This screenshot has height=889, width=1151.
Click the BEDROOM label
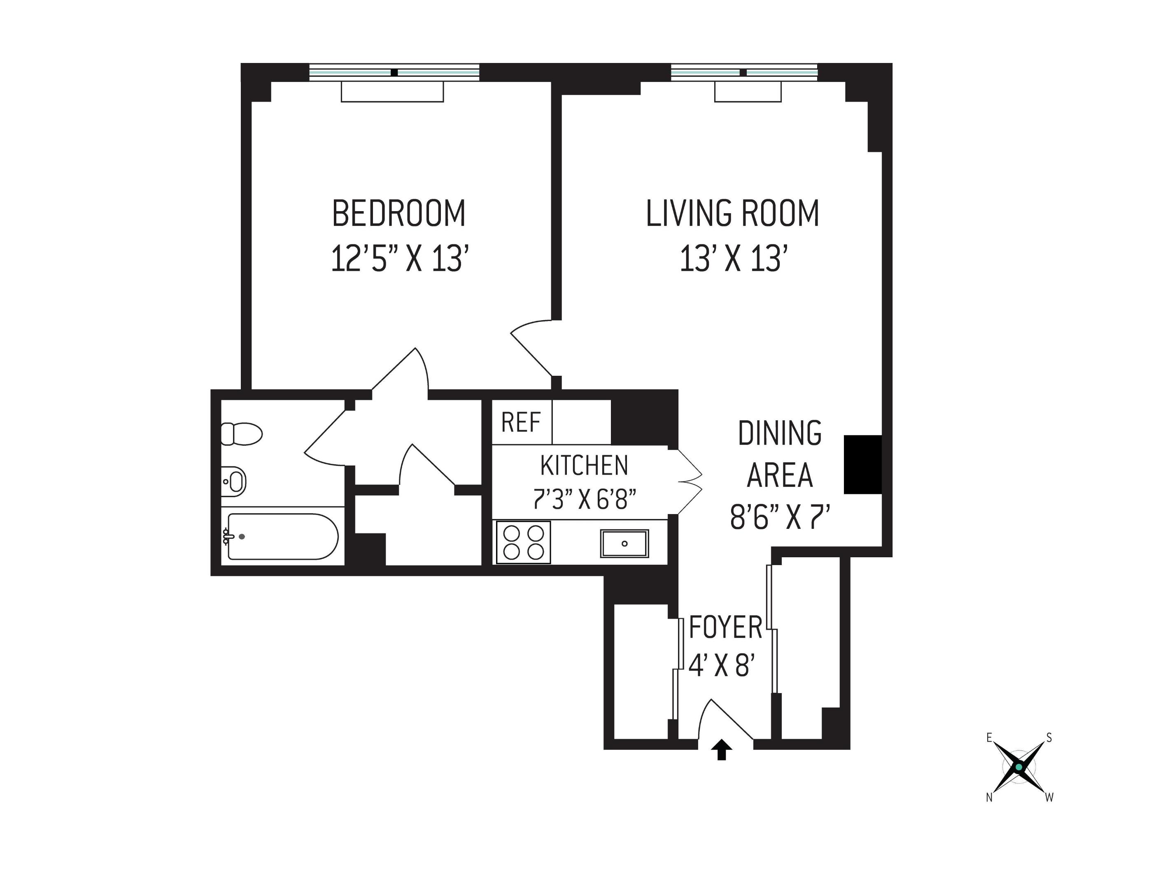(398, 214)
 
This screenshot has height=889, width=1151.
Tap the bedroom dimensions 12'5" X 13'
(399, 259)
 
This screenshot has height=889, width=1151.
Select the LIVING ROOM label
(733, 214)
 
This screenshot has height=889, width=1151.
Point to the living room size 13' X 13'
(733, 259)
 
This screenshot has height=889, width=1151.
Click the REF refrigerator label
(521, 422)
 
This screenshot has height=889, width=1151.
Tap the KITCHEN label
(584, 465)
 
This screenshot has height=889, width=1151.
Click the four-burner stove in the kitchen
(523, 542)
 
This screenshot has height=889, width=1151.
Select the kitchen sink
(624, 543)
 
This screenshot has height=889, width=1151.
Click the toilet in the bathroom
(241, 434)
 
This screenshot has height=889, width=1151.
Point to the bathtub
(282, 536)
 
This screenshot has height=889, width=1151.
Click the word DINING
(779, 433)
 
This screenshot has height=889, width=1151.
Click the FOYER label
(725, 628)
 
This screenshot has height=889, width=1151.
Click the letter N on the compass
(989, 798)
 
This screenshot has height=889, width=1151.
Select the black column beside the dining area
(862, 464)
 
